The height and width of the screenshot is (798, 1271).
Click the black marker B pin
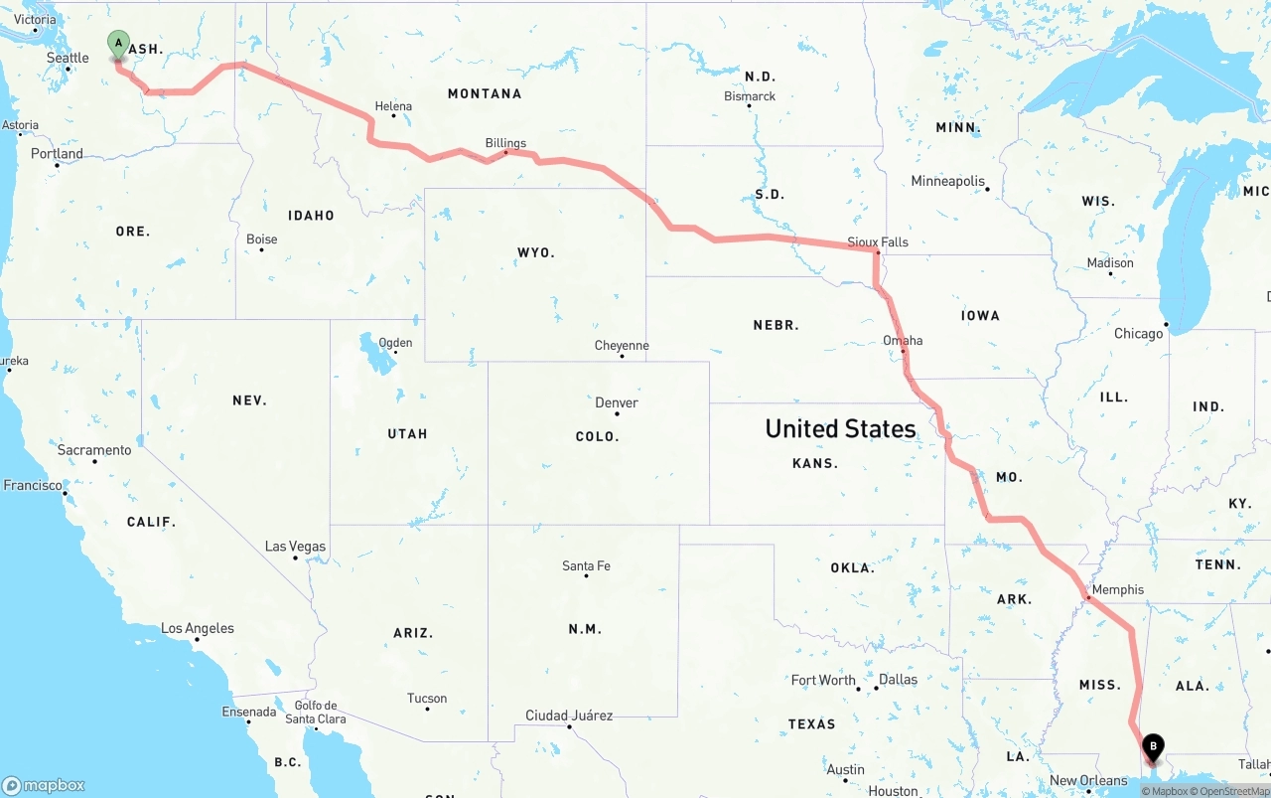coord(1153,745)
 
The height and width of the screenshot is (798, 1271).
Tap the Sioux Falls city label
coord(878,241)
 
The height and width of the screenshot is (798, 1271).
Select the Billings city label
coord(505,143)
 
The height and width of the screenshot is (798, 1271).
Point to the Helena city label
coord(393,106)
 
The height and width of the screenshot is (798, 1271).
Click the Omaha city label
coord(903,340)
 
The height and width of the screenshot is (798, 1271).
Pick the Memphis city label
coord(1118,589)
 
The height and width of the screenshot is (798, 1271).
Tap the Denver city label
coord(617,402)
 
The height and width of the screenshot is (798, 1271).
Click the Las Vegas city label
coord(295,547)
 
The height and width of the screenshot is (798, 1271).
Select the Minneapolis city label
coord(948,181)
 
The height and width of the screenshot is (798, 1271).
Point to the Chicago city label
coord(1138,333)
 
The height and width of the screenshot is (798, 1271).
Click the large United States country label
coord(840,428)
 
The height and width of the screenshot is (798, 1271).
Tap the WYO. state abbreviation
coord(536,252)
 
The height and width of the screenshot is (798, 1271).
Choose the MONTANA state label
coord(485,93)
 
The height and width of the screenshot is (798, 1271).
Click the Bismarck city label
coord(750,96)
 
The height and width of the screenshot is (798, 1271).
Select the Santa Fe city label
coord(586,565)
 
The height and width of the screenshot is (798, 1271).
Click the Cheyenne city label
coord(622,346)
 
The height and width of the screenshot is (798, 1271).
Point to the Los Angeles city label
coord(198,628)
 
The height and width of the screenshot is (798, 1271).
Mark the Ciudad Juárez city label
coord(569,716)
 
